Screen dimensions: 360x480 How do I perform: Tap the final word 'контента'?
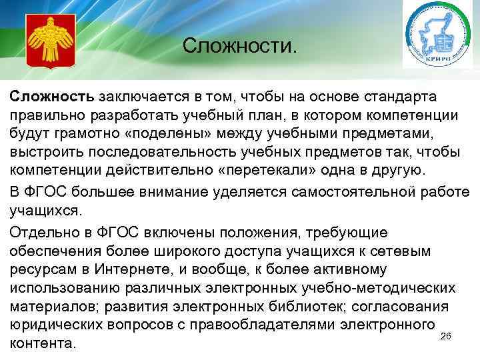(x=41, y=343)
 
